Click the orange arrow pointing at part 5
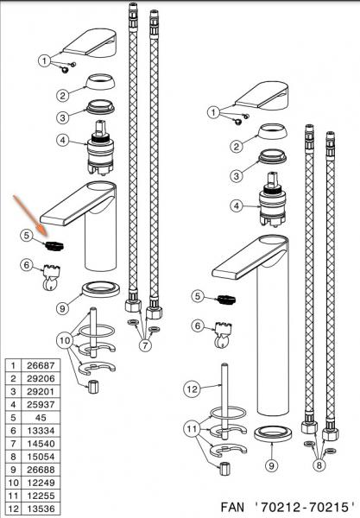(x=31, y=216)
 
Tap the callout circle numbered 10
(x=65, y=340)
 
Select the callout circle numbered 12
(x=192, y=388)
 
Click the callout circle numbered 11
(x=192, y=429)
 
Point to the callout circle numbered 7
(x=145, y=345)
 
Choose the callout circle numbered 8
(x=319, y=465)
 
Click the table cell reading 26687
(x=41, y=365)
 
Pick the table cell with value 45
(x=41, y=418)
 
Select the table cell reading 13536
(x=41, y=509)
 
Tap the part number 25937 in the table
(x=41, y=404)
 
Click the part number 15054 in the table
(x=41, y=457)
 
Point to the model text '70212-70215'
(x=305, y=507)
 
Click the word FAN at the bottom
(x=232, y=507)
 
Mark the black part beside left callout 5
(x=54, y=246)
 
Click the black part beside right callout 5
(x=226, y=300)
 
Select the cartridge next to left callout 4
(x=100, y=148)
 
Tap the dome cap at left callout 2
(x=100, y=82)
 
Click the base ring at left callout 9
(x=100, y=290)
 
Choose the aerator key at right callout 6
(x=223, y=335)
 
